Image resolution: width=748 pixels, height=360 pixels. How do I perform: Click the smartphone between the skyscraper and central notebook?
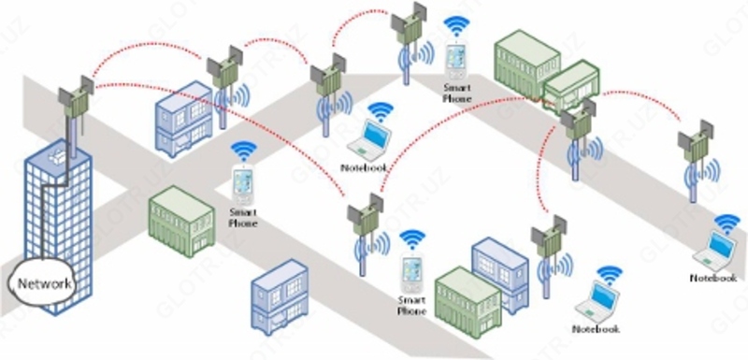tap(244, 184)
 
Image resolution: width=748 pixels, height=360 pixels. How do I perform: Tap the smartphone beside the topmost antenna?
tap(455, 62)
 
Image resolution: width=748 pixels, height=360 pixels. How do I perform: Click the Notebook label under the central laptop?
tap(363, 167)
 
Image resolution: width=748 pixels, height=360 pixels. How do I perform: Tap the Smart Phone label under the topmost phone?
tap(457, 92)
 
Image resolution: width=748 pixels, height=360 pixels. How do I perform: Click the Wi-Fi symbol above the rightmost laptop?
tap(726, 223)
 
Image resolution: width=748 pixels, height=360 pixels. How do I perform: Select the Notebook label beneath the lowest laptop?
tap(596, 329)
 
